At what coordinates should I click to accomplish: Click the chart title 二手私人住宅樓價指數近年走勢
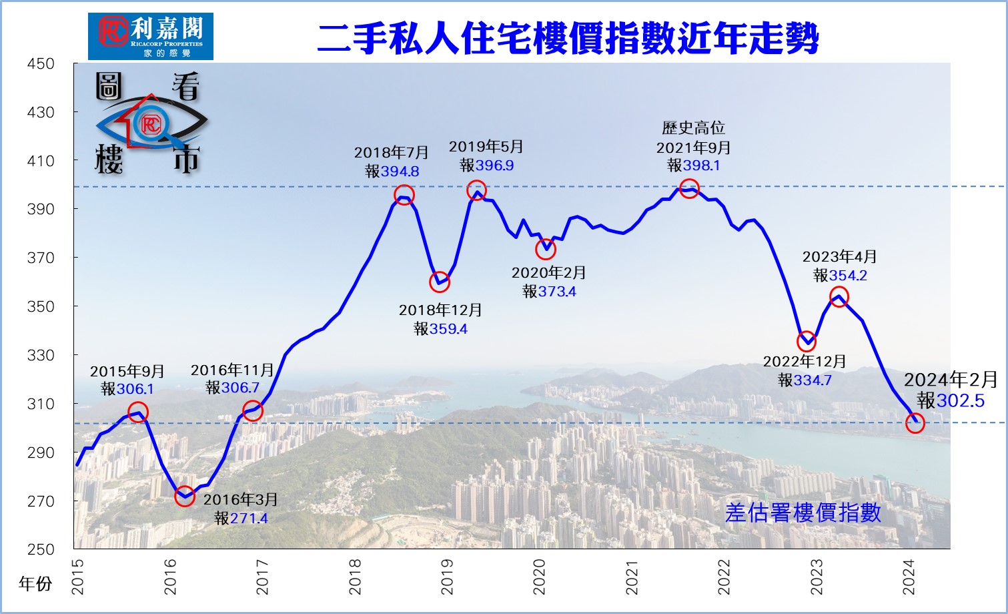[568, 39]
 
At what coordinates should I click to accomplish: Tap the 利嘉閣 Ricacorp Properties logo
[151, 36]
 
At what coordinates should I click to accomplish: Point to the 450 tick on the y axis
[41, 64]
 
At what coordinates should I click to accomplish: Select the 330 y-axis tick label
[41, 355]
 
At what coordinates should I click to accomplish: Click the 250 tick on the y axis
[41, 549]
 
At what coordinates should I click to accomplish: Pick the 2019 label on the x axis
[447, 576]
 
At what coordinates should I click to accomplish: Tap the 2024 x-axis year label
[909, 576]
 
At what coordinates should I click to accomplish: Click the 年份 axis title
[35, 584]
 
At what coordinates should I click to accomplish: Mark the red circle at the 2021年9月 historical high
[689, 189]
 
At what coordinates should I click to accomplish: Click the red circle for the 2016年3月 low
[185, 496]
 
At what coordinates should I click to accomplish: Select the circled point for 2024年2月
[915, 422]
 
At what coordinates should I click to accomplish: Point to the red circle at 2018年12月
[439, 282]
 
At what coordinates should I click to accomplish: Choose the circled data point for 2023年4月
[839, 297]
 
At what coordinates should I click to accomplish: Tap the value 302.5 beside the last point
[961, 400]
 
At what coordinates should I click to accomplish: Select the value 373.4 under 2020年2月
[557, 292]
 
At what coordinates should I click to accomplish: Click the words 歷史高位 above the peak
[693, 128]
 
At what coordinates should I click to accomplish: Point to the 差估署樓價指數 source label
[803, 513]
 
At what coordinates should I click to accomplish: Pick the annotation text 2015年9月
[127, 372]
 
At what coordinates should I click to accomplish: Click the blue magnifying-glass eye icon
[151, 123]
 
